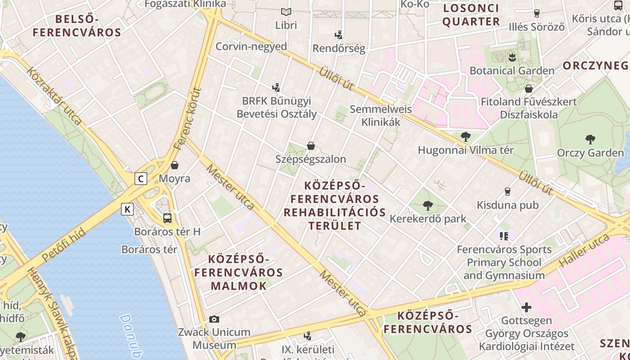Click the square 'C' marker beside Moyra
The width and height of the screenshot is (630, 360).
tap(141, 179)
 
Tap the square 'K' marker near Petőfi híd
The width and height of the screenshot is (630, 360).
tap(128, 209)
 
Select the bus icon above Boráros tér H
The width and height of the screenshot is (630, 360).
tap(167, 218)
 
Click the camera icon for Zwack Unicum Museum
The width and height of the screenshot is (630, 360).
tap(214, 319)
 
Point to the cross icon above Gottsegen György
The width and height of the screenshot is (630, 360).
tap(526, 307)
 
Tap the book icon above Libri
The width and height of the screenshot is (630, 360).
tap(286, 12)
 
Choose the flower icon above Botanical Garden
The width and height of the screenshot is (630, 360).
tap(512, 57)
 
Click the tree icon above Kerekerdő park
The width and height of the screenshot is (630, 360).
tap(427, 206)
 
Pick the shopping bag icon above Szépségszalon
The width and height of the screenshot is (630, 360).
tap(310, 146)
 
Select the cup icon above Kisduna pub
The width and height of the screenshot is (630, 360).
tap(508, 192)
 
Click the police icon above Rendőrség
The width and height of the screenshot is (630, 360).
tap(338, 35)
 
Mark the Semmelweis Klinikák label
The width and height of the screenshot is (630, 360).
tap(381, 115)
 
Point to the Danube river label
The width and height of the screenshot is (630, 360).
tap(131, 337)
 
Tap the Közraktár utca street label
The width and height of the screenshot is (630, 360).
tap(54, 96)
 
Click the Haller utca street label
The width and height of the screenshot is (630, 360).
tap(584, 251)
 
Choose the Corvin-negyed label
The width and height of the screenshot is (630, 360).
tap(251, 46)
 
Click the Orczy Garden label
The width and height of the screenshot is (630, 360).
tap(590, 153)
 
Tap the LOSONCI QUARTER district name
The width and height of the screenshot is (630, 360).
tap(471, 15)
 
